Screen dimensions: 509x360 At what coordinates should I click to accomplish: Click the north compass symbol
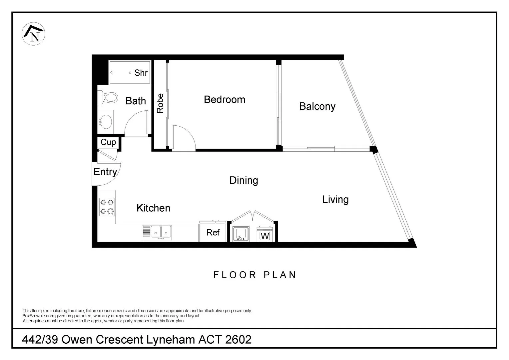33,34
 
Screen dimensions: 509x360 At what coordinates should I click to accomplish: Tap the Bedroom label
225,100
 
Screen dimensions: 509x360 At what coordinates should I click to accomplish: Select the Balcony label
317,106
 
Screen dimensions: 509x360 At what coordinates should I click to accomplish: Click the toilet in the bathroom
108,98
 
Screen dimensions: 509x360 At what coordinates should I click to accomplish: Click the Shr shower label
141,73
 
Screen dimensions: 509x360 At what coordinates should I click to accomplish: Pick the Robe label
160,103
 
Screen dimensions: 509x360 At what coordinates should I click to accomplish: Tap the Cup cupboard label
108,142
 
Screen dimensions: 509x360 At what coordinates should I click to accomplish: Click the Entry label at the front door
105,172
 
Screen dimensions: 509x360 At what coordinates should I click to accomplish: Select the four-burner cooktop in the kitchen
107,207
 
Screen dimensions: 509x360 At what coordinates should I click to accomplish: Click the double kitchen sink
157,232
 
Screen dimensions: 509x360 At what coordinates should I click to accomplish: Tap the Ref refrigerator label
213,232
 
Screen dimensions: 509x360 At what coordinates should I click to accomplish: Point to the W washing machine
265,234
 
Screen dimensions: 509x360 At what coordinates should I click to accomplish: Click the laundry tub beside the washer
241,234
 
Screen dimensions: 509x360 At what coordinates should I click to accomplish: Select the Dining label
244,180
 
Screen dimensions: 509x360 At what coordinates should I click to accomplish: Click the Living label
335,199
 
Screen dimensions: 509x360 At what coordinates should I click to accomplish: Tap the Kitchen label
153,208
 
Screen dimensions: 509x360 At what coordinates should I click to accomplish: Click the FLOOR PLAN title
255,275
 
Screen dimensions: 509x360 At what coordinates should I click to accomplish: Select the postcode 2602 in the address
239,340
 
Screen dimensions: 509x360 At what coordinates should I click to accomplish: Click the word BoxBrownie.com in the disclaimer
38,316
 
